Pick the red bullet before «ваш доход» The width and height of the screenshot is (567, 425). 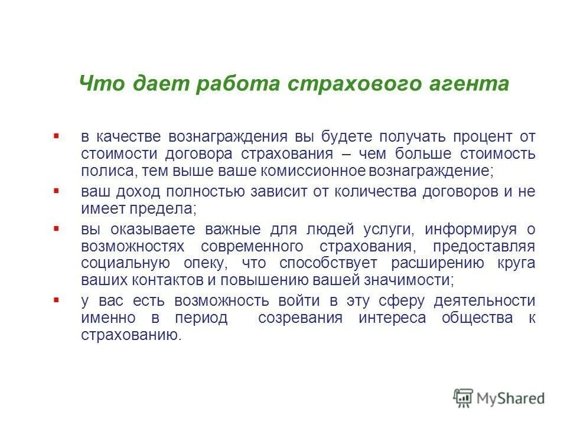[x=56, y=191]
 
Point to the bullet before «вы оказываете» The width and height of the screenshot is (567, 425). [x=56, y=227]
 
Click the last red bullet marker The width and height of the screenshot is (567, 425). [x=56, y=299]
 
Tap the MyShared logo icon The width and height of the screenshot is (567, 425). [x=464, y=397]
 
